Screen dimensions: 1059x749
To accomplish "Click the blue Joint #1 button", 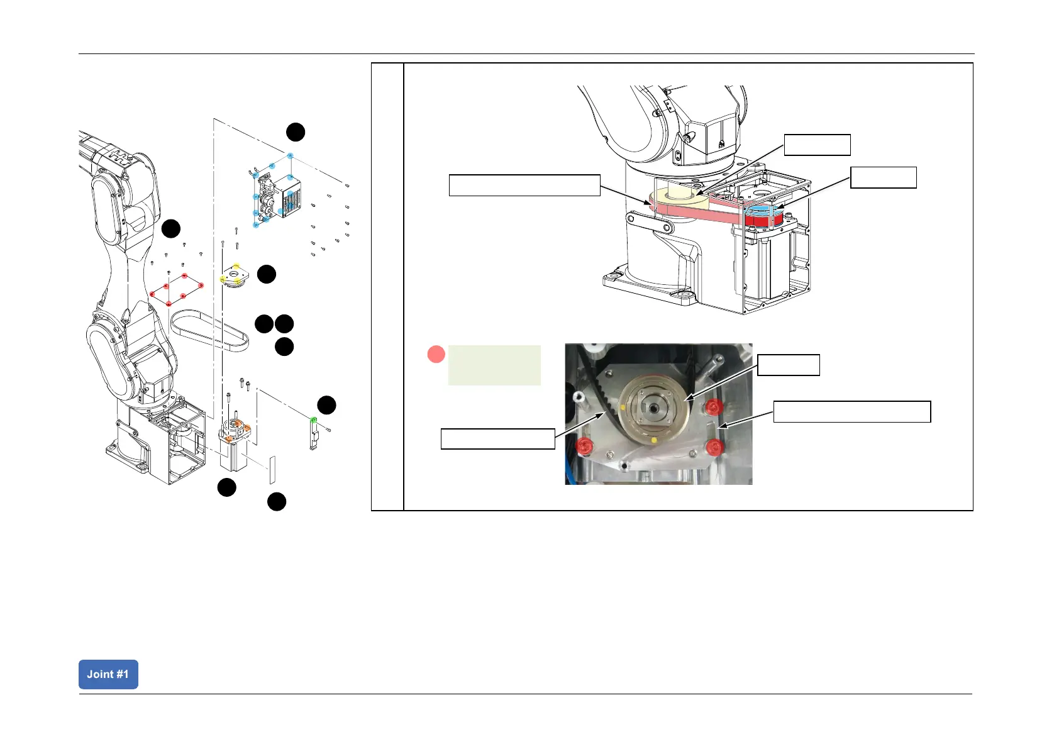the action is click(108, 674).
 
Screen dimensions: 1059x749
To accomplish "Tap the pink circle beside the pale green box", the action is click(436, 355).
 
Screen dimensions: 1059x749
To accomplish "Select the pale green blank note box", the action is click(494, 365).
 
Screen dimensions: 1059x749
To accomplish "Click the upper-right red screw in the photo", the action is click(712, 408).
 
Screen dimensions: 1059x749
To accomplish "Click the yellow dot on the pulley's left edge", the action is click(623, 408).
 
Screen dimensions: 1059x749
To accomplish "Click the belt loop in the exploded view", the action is click(209, 329).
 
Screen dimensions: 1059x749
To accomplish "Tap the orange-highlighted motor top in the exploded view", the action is click(234, 433).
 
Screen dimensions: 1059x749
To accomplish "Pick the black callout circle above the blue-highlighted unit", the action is click(296, 132).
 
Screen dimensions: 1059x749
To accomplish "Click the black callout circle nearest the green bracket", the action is click(326, 405).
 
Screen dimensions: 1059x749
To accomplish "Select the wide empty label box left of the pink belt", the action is click(524, 186).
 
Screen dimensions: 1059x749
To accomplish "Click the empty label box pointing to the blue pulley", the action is click(883, 177).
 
